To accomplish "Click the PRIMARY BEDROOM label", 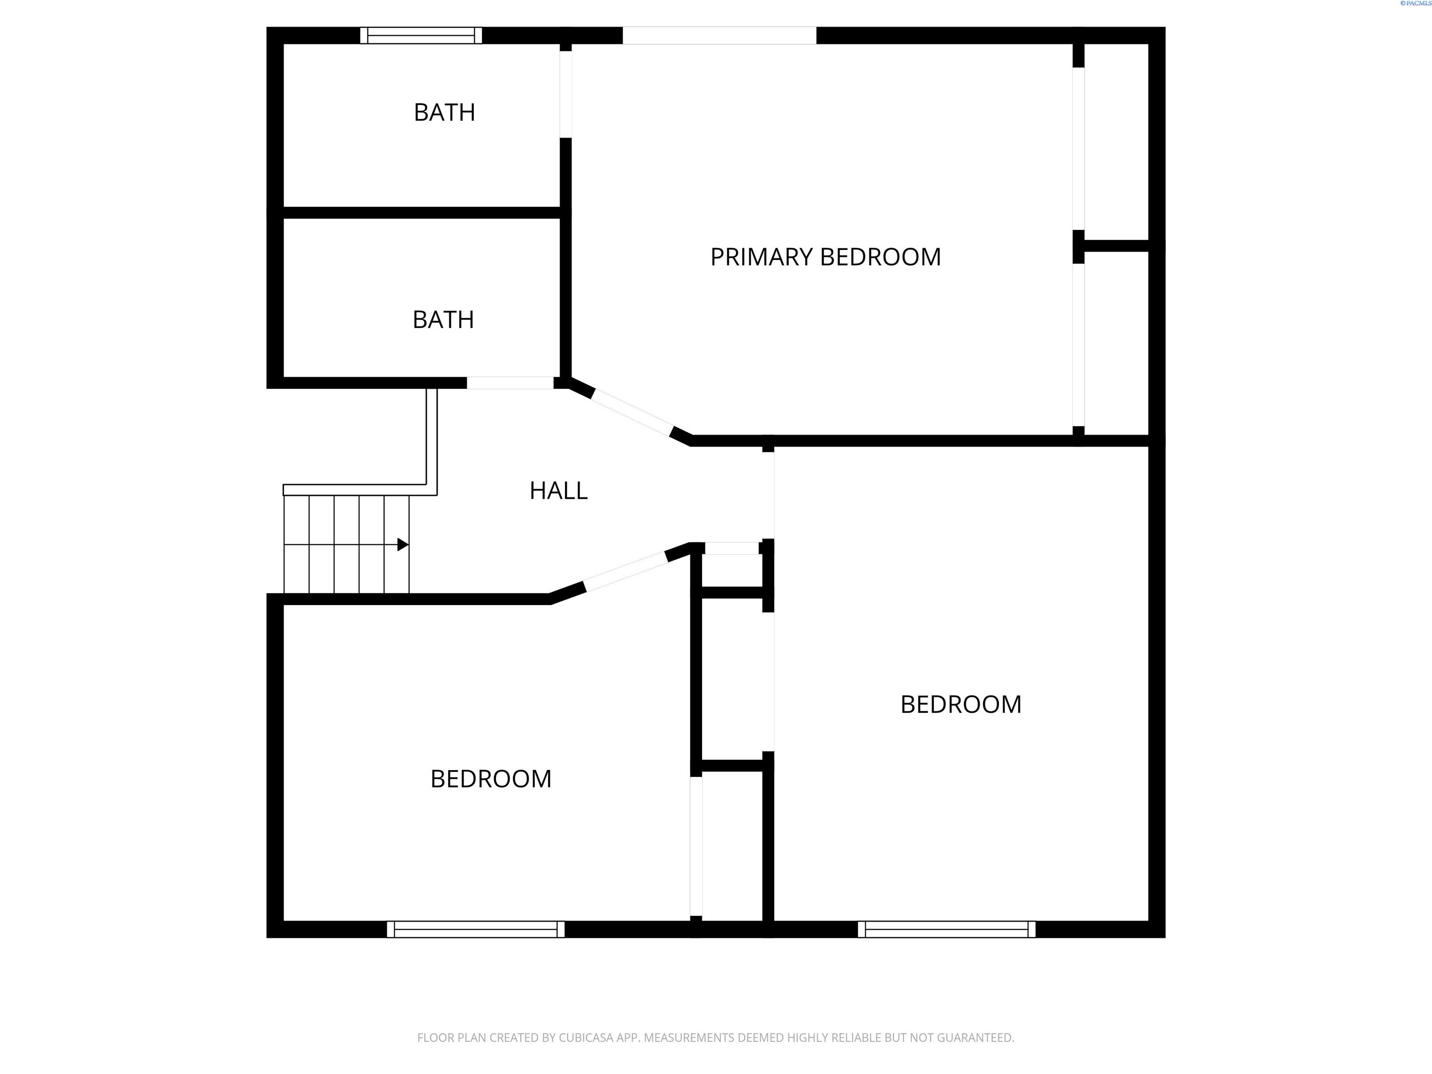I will click(x=826, y=257).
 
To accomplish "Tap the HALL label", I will click(x=558, y=491).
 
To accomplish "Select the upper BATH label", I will click(x=444, y=113).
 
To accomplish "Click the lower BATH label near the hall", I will click(x=443, y=320).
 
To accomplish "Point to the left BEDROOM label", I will click(x=491, y=779).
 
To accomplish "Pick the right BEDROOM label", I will click(x=961, y=704).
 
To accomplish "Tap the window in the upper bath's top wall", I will click(x=421, y=35).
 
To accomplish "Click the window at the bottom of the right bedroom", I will click(x=946, y=929).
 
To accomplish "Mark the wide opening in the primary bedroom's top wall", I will click(x=719, y=35).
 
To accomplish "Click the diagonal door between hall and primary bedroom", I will click(x=632, y=412).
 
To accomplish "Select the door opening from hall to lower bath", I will click(x=510, y=383).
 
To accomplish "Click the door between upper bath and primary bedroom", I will click(x=566, y=94).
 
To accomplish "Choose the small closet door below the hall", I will click(x=731, y=548).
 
